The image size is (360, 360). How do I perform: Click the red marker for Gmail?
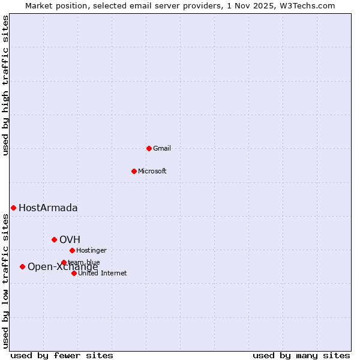(x=149, y=148)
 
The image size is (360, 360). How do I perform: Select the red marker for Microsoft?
(x=134, y=171)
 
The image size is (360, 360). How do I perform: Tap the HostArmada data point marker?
(x=13, y=208)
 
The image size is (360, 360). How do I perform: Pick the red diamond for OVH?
(x=54, y=239)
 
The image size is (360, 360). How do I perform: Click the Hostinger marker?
(x=72, y=250)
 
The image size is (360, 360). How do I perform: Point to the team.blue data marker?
(x=64, y=262)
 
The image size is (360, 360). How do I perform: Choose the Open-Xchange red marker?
(x=22, y=266)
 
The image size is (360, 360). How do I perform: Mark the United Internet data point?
(x=74, y=273)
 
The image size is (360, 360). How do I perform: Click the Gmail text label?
(x=162, y=148)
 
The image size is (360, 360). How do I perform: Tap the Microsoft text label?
(x=152, y=171)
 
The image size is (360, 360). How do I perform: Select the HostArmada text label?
(x=48, y=208)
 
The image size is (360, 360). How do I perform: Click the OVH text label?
(x=70, y=240)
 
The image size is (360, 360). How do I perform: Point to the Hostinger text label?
(x=92, y=250)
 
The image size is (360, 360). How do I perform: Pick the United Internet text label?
(x=103, y=273)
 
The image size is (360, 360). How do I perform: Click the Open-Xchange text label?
(x=63, y=268)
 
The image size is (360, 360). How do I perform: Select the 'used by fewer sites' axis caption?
(x=62, y=355)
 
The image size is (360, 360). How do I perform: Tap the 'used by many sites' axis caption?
(x=301, y=355)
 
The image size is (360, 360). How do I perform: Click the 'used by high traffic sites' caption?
(x=6, y=85)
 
